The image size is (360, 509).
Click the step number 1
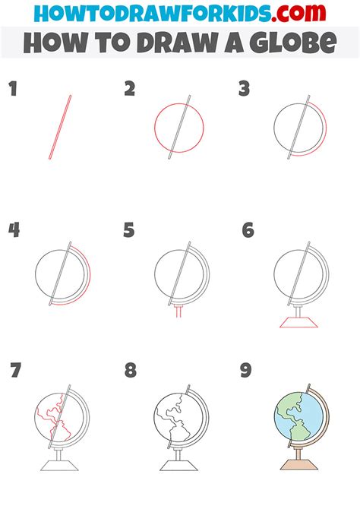tap(12, 90)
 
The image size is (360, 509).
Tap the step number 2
tap(130, 90)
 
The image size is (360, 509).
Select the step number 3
tap(245, 90)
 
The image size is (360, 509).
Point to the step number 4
tap(14, 230)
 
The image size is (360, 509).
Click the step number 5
tap(129, 230)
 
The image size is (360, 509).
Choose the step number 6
tap(248, 230)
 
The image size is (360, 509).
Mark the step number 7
tap(15, 371)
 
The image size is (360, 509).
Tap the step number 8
tap(131, 371)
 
